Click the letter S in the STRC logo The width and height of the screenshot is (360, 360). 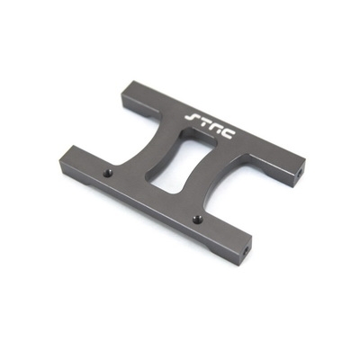[192, 117]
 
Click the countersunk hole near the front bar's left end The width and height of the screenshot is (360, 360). [108, 173]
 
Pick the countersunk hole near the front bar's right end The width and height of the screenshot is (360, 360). [197, 220]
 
